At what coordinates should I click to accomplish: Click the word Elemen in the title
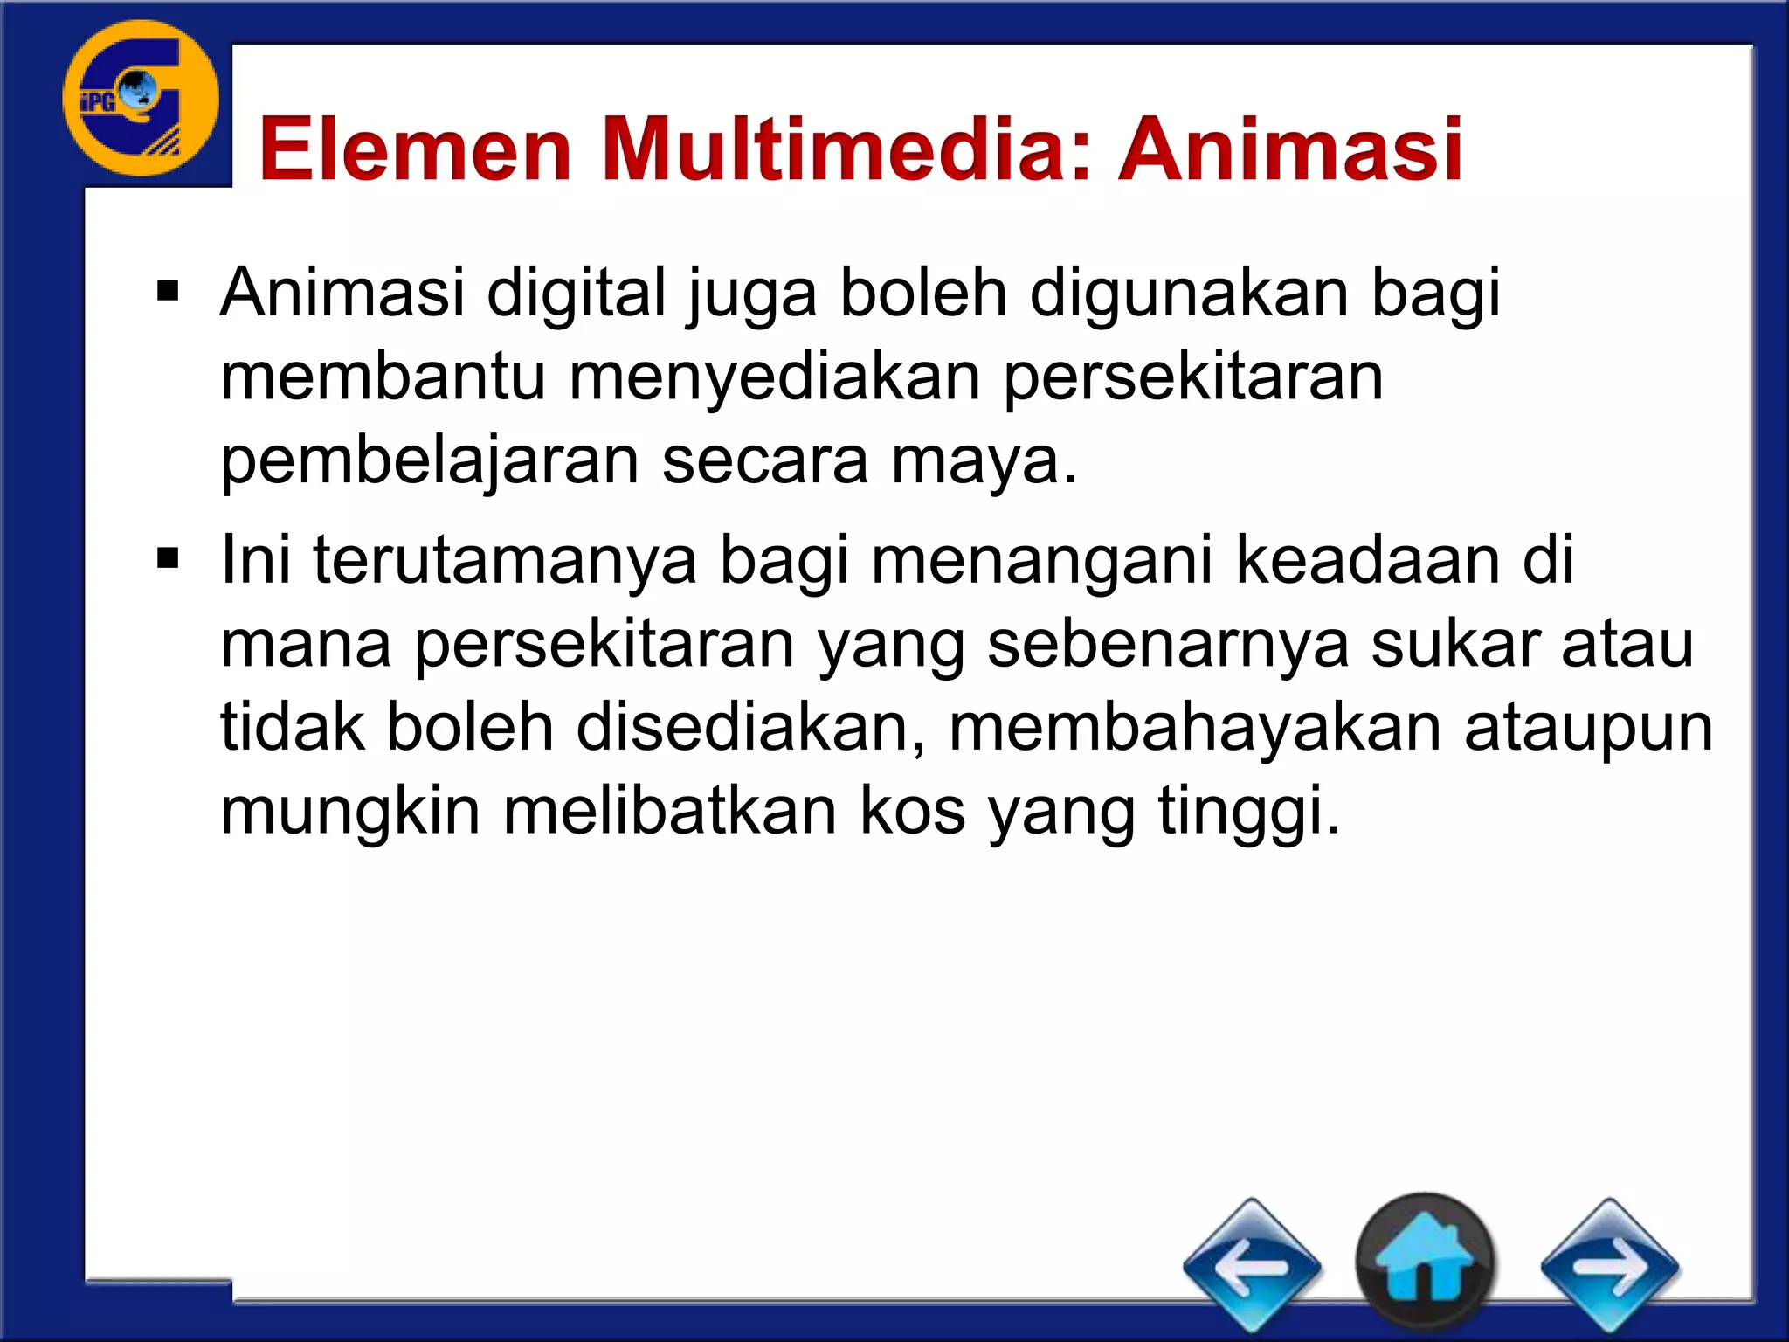click(416, 150)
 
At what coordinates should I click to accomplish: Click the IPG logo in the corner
click(141, 99)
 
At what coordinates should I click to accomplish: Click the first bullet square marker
click(168, 291)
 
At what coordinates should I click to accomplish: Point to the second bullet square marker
click(168, 557)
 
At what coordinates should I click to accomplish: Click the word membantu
click(383, 377)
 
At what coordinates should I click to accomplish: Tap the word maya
click(983, 461)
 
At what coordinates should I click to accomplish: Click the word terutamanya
click(505, 559)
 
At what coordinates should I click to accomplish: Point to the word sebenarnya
click(1169, 644)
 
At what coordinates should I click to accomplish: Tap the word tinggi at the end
click(1248, 811)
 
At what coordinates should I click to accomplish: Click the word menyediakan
click(775, 377)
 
